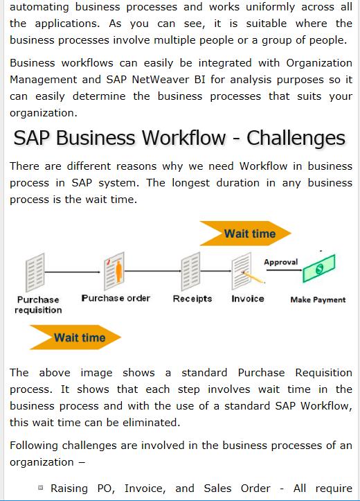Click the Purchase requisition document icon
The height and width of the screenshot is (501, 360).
(x=35, y=272)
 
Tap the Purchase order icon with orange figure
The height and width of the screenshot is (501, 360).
(x=114, y=271)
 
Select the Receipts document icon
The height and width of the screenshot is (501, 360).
(x=191, y=271)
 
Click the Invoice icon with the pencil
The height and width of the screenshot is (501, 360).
(x=246, y=271)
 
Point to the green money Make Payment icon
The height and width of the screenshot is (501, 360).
(x=319, y=268)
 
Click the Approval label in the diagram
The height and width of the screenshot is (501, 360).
(x=281, y=262)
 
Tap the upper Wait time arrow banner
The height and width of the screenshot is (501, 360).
(x=246, y=234)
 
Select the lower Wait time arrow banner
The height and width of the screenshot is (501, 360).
(x=75, y=337)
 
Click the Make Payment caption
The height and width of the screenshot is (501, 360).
(x=318, y=300)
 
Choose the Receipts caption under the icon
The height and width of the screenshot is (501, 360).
(x=192, y=299)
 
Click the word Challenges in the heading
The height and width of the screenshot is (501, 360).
(x=296, y=138)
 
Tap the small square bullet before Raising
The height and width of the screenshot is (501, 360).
(x=40, y=488)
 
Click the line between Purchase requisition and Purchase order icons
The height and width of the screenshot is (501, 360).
(x=73, y=272)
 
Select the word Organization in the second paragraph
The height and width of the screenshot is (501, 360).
(x=319, y=63)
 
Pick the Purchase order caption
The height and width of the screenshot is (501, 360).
(x=116, y=298)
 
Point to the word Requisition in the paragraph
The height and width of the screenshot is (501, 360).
(x=323, y=373)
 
